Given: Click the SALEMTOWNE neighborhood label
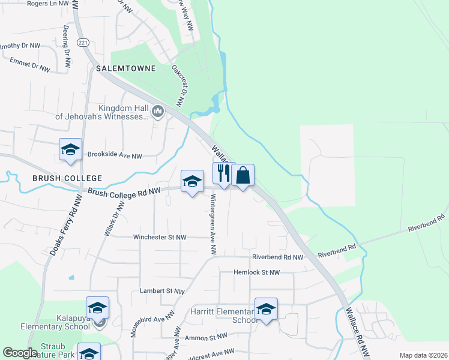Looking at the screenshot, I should [x=125, y=68].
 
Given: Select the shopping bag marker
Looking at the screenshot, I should [x=243, y=176].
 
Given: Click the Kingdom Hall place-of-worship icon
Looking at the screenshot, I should [x=158, y=111].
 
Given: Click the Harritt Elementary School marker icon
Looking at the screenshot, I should [x=266, y=309].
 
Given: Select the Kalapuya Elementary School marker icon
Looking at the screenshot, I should [x=97, y=308].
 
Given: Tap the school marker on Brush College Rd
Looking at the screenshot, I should [x=192, y=181].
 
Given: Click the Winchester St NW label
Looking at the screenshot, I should [x=160, y=237].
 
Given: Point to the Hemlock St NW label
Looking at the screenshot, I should [x=258, y=272].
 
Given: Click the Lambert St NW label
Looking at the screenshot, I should [x=162, y=291].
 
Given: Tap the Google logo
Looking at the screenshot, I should [x=20, y=353].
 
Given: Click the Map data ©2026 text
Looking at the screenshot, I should [x=423, y=355].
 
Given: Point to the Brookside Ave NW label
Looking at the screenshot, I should [x=115, y=155].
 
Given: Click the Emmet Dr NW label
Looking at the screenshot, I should [x=29, y=65].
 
